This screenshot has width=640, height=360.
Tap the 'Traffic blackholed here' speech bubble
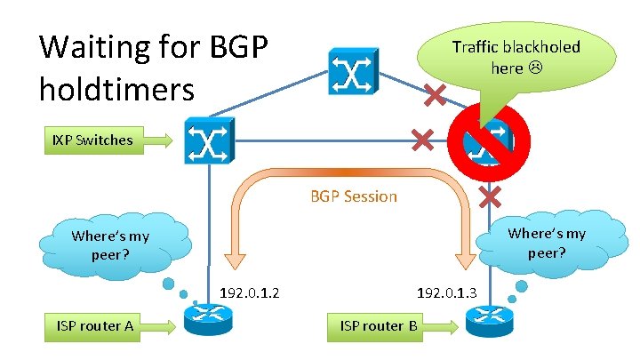tap(516, 55)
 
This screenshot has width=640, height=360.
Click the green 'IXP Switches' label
tap(92, 140)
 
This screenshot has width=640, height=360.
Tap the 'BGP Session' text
tap(353, 196)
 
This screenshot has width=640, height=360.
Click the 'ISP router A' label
tap(94, 326)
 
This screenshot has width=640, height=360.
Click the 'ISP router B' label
tap(379, 326)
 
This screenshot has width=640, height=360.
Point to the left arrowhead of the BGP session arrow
tap(236, 259)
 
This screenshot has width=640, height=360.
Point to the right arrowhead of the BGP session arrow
tap(467, 259)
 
